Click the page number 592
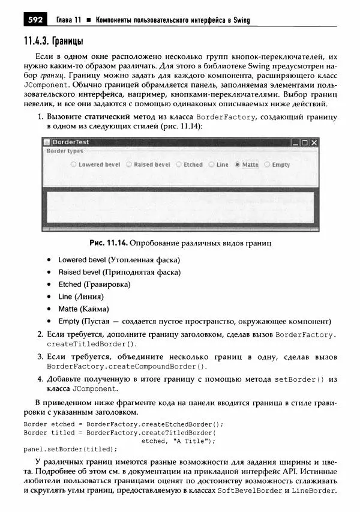(x=34, y=20)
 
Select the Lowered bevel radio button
(x=74, y=164)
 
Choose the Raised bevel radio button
(x=129, y=164)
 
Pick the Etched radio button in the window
(x=179, y=164)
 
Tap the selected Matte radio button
(x=238, y=164)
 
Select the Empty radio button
(x=268, y=164)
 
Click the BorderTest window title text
(x=70, y=142)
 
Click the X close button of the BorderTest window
(x=314, y=143)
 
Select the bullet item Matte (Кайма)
(x=83, y=309)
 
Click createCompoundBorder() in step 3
(x=127, y=366)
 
